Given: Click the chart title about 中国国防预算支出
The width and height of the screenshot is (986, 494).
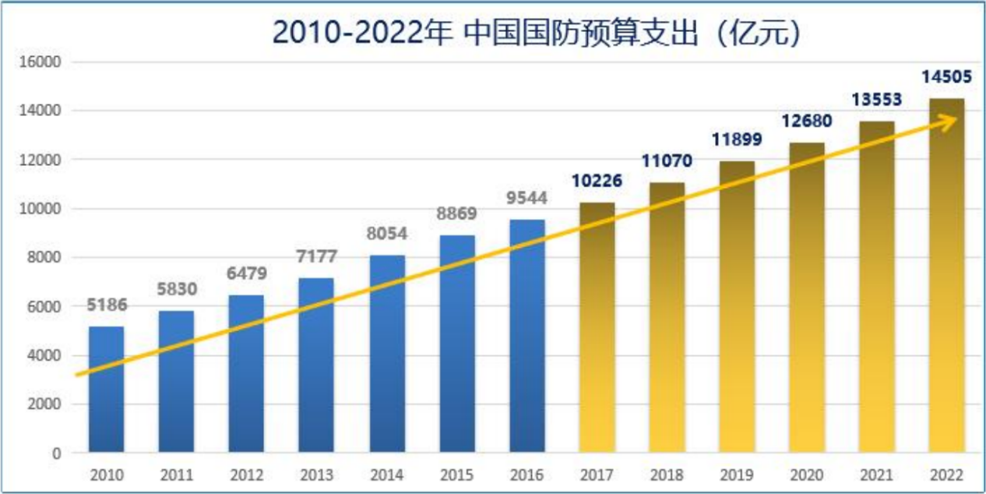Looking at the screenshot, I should coord(537,32).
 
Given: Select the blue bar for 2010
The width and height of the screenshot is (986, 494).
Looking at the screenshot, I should coord(106,390).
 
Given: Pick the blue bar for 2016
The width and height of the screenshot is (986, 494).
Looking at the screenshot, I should coord(527,336).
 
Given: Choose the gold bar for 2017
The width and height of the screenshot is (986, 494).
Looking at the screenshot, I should coord(597,327).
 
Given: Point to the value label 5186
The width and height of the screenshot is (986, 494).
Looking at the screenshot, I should coord(107,305).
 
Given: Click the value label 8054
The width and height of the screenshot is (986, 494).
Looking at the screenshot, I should coord(387,234).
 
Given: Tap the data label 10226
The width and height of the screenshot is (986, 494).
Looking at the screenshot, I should coord(597,181).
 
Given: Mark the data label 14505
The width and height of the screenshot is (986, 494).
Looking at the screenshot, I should coord(947,76).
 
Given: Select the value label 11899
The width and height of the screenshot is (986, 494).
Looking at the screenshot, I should coord(737,140).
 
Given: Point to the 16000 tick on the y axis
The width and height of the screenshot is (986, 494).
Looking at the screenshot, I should coord(45,62).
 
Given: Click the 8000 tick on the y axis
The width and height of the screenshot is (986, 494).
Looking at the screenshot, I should coord(49,257).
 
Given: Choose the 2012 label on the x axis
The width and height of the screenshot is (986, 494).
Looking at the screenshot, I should coord(246,475).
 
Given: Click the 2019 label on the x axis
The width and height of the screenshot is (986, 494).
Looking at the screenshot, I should coord(737,475).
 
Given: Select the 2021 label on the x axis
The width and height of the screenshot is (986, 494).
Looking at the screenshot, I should coord(877,475).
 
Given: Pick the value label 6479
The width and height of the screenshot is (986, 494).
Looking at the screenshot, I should coord(247,274).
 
